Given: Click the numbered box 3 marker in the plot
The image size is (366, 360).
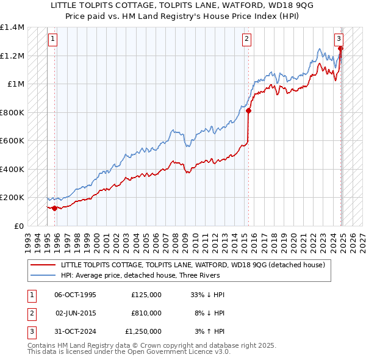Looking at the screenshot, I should click(339, 37).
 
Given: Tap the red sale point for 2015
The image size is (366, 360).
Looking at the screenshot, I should click(249, 111).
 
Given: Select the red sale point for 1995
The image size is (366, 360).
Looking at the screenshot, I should click(54, 208).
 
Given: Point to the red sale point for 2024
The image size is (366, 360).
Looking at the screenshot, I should click(340, 49).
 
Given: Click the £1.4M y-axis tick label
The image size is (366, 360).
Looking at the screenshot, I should click(12, 27).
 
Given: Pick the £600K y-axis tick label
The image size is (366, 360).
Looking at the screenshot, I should click(12, 141).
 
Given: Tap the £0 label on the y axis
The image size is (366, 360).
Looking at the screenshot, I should click(18, 226).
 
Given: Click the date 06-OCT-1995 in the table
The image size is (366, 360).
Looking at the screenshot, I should click(75, 295).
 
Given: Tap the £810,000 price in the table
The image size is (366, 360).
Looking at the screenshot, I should click(146, 313).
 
